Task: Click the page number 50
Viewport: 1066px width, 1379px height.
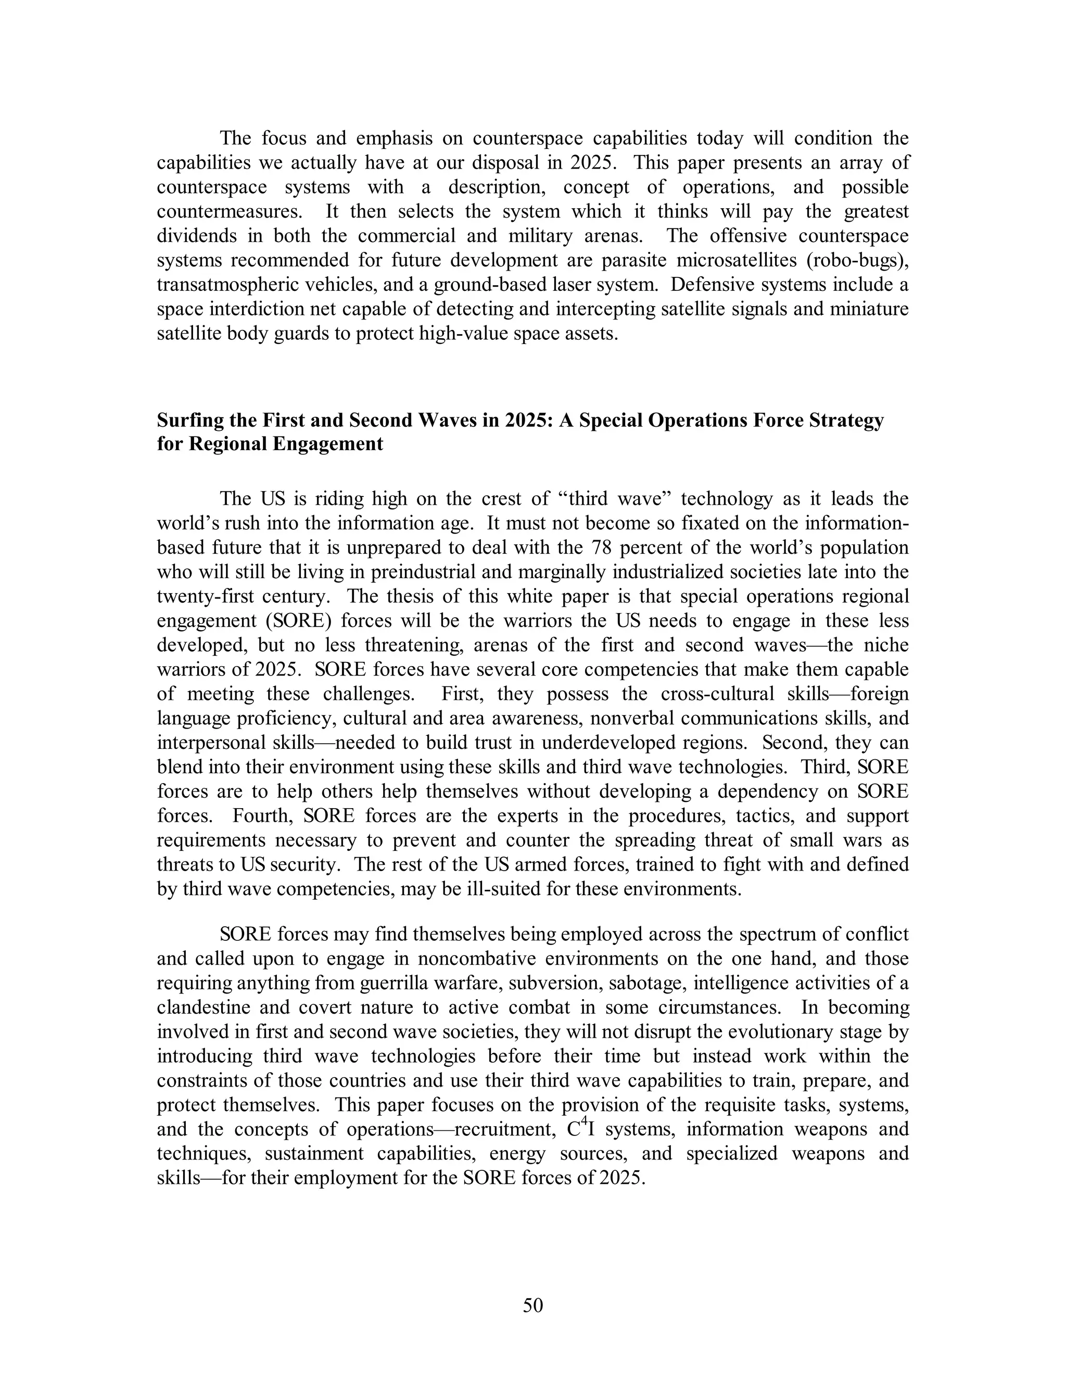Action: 532,1305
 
